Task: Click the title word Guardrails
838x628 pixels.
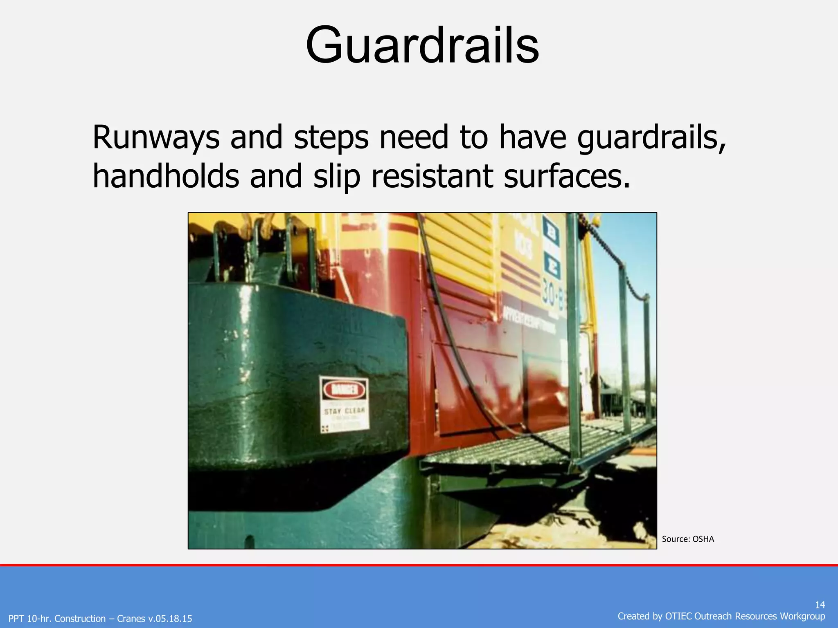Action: [422, 45]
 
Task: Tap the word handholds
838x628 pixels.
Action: [166, 177]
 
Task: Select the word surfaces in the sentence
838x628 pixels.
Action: [566, 177]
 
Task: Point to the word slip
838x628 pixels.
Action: [336, 177]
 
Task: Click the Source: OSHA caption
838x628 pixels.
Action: [688, 539]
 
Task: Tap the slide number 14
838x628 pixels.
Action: [820, 605]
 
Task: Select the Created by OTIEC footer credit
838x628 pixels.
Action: [721, 616]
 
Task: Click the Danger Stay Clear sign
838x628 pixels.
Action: [344, 405]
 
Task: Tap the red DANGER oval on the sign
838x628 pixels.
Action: [344, 390]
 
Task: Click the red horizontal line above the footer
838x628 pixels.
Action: [419, 565]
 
